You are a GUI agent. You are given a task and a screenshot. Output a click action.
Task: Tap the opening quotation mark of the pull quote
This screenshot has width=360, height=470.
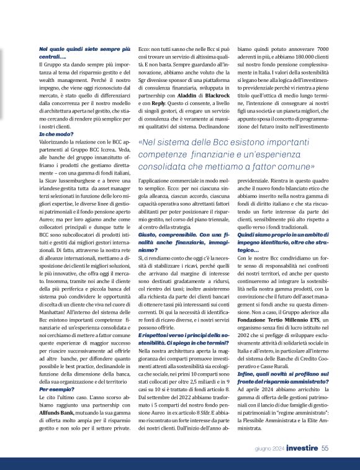coord(140,143)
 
